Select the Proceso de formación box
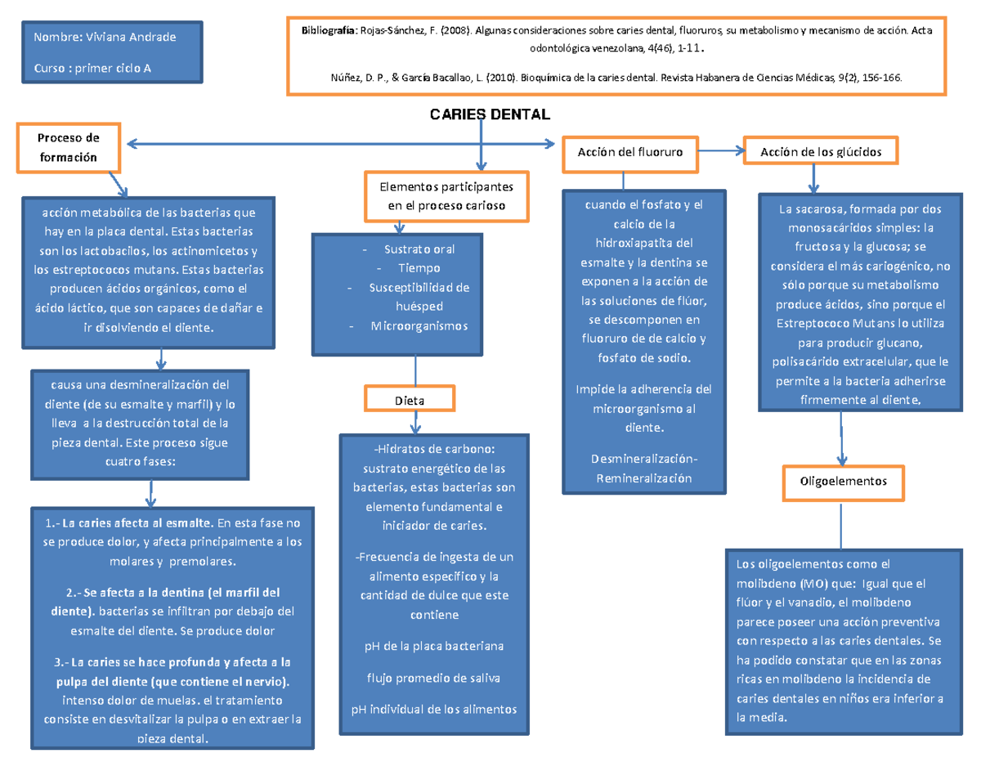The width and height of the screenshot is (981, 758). pyautogui.click(x=69, y=147)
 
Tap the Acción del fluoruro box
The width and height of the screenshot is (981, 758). pyautogui.click(x=630, y=151)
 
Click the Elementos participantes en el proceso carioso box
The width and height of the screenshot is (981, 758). pyautogui.click(x=446, y=196)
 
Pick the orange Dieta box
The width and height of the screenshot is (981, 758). pyautogui.click(x=410, y=400)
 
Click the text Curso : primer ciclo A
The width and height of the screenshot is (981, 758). pyautogui.click(x=92, y=68)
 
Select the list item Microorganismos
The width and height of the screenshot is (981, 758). pyautogui.click(x=419, y=325)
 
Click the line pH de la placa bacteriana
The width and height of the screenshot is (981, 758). pyautogui.click(x=433, y=646)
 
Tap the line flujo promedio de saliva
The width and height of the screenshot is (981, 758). pyautogui.click(x=433, y=677)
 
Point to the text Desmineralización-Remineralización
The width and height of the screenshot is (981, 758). pyautogui.click(x=644, y=469)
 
